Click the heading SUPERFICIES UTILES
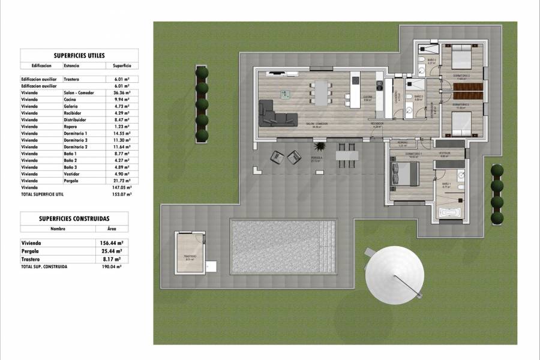79,55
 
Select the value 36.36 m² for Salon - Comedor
122,93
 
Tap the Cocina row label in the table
71,100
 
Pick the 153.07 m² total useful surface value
122,194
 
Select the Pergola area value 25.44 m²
113,251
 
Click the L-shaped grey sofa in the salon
277,114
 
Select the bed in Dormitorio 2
460,59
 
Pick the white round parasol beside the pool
395,275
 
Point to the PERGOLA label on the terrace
314,158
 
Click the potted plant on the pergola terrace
320,147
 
